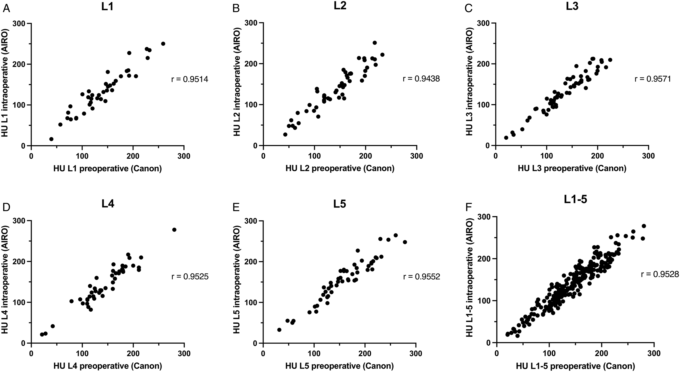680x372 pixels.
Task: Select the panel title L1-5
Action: (x=575, y=200)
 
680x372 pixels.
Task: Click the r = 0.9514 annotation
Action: (x=190, y=79)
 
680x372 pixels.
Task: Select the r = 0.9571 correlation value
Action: (x=653, y=79)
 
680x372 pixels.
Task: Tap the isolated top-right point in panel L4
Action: (x=174, y=230)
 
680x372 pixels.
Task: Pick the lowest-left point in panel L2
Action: (x=285, y=134)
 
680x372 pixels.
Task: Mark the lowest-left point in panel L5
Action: (x=279, y=330)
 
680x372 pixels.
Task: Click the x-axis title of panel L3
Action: (x=572, y=168)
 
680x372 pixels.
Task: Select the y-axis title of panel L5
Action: (x=237, y=282)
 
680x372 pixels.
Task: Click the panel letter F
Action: (x=469, y=207)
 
